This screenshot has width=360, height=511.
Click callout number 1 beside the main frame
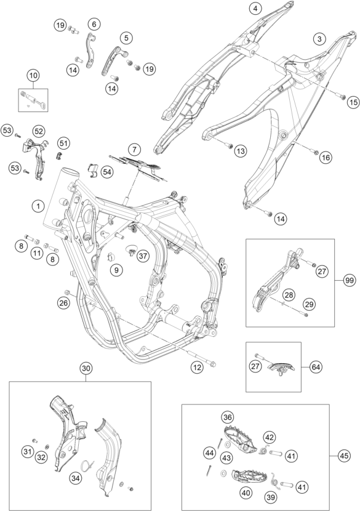[38, 206]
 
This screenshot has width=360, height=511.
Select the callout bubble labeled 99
[350, 281]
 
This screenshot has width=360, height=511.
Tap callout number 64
[316, 367]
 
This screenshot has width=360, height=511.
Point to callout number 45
[344, 456]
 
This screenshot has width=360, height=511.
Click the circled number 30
[86, 368]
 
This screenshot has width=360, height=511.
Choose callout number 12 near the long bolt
[197, 368]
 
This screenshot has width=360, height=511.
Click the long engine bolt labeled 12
[201, 358]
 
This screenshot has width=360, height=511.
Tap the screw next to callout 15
[342, 97]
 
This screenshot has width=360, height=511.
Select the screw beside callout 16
[314, 151]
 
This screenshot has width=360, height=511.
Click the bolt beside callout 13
[229, 145]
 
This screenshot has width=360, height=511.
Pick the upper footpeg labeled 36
[241, 439]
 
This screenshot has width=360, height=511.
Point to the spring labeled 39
[274, 481]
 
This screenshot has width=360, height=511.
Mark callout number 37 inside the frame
[142, 256]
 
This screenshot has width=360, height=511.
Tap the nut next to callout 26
[68, 292]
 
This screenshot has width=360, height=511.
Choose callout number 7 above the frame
[134, 150]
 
